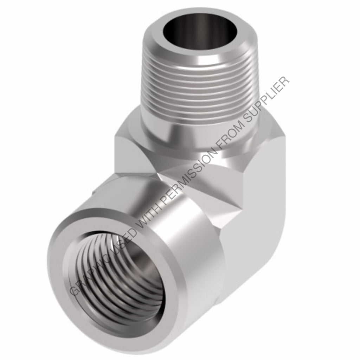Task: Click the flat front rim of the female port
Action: pos(67,246)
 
